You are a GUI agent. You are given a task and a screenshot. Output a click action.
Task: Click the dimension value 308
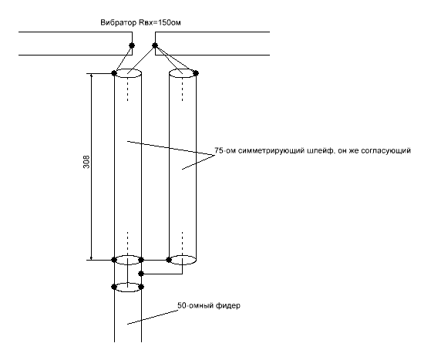(86, 162)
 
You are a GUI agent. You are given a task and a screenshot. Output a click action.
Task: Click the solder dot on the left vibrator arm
(132, 45)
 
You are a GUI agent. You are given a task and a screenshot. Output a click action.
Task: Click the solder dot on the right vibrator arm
(155, 45)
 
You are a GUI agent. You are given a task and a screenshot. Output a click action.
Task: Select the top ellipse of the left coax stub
(128, 69)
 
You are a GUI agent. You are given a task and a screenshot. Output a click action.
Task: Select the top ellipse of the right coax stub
(183, 69)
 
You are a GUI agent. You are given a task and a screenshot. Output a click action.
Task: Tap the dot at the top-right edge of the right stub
(196, 73)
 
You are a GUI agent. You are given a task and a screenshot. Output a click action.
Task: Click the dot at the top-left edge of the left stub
(114, 73)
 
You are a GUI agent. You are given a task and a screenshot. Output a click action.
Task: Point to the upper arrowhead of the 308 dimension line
(92, 76)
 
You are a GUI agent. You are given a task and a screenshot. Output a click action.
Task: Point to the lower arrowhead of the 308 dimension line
(92, 257)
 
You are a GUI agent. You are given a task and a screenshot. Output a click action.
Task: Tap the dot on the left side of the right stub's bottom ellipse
(169, 260)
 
